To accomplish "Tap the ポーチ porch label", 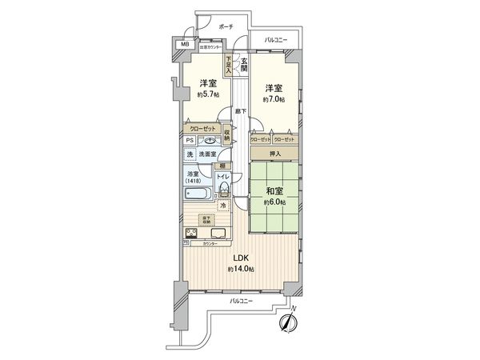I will coord(225,28).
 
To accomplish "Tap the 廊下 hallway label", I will coord(241,112).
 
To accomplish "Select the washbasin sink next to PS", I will coord(209,141).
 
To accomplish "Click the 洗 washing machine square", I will coord(190,154).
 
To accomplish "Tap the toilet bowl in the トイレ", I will coord(224,189).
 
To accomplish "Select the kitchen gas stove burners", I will coord(193,233).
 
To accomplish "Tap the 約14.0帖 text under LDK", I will coord(239,270).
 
